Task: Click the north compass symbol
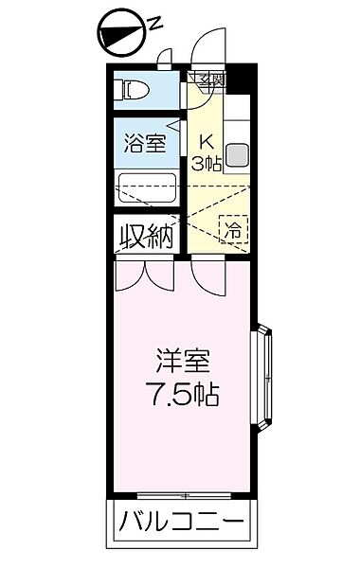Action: click(x=120, y=34)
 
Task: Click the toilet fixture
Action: click(x=133, y=91)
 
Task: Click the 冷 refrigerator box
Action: click(x=233, y=227)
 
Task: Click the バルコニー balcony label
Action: click(x=181, y=523)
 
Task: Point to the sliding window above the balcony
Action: click(x=186, y=495)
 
